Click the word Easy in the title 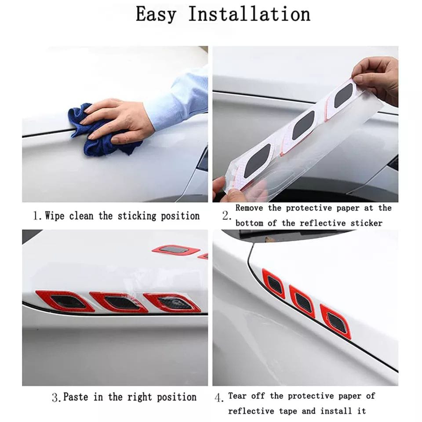tap(156, 15)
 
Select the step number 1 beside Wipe tap(36, 216)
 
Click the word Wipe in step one tap(55, 216)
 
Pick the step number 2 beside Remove tap(226, 216)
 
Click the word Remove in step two tap(249, 208)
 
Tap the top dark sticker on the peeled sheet tap(343, 95)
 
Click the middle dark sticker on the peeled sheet tap(303, 125)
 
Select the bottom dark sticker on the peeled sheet tap(257, 161)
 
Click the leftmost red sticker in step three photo tap(65, 301)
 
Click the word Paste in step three tap(76, 397)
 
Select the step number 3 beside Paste tap(56, 398)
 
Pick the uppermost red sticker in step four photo tap(273, 284)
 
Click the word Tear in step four tap(237, 396)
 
